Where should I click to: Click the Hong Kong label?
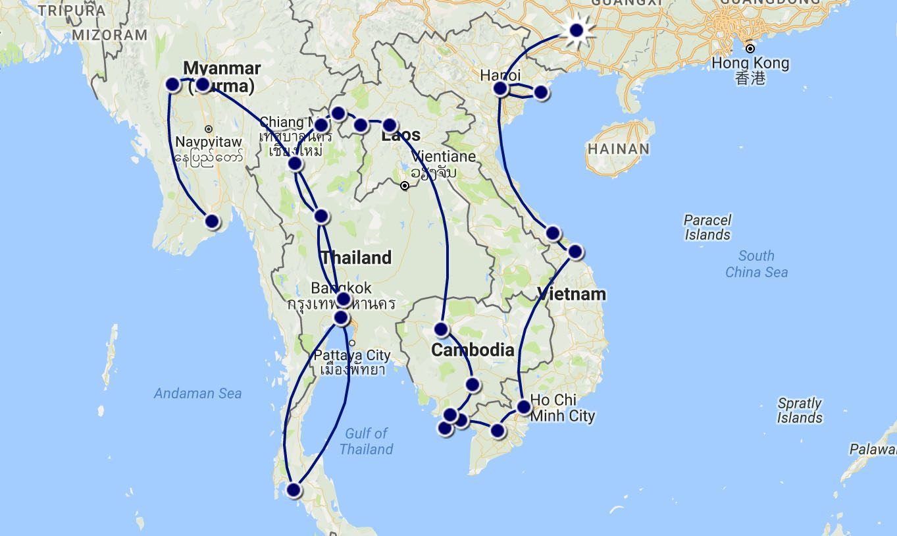[750, 64]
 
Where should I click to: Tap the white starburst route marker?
[577, 30]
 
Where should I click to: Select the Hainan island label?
[619, 149]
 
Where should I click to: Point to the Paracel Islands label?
[707, 227]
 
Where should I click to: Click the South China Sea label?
[756, 263]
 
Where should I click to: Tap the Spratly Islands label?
[800, 410]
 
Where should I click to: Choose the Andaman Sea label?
[197, 394]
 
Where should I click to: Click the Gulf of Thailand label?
[366, 441]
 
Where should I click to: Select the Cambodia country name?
[473, 350]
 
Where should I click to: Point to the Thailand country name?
[356, 257]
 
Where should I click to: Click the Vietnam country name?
[571, 294]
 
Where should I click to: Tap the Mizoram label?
[110, 35]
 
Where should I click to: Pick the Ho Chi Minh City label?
[562, 408]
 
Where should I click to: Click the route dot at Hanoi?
[500, 88]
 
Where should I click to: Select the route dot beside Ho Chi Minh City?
[523, 407]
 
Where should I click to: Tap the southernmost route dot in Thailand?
[294, 490]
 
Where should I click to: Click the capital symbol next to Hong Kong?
[750, 48]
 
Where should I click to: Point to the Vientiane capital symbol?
[405, 186]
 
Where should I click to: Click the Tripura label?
[71, 11]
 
